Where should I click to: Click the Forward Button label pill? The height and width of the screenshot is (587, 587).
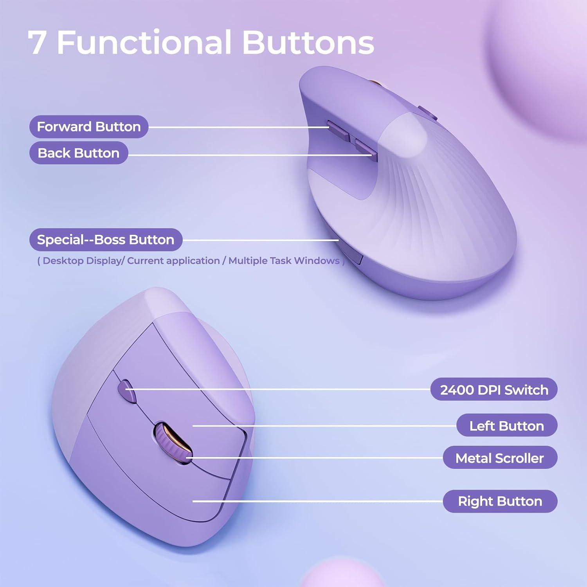tap(89, 127)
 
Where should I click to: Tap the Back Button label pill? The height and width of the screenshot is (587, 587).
tap(79, 153)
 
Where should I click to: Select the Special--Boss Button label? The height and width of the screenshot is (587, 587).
tap(106, 240)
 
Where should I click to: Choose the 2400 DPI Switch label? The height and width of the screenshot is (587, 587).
tap(494, 389)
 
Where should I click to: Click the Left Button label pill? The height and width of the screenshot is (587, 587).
tap(507, 425)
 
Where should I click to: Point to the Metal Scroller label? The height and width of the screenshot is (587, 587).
tap(500, 457)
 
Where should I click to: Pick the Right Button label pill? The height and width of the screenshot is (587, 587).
tap(500, 501)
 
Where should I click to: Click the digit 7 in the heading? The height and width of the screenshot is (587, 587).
tap(37, 43)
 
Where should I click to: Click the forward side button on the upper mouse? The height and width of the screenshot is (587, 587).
tap(339, 131)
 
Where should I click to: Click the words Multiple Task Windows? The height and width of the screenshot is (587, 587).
tap(284, 261)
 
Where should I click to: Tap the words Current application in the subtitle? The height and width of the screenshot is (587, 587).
tap(173, 261)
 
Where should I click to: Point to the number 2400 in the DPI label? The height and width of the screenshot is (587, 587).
tap(456, 390)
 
